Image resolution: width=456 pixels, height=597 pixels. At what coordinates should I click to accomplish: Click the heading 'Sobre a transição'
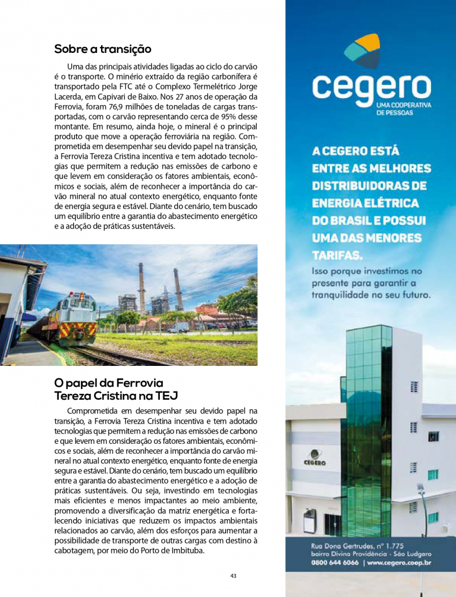[x=103, y=49]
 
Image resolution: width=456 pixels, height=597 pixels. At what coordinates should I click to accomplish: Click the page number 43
[x=233, y=576]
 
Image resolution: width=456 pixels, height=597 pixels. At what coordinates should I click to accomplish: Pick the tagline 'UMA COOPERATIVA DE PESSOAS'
[x=404, y=109]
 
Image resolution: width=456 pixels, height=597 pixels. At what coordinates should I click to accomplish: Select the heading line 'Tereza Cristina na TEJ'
[x=116, y=396]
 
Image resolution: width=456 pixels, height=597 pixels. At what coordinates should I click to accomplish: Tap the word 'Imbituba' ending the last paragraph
[x=185, y=551]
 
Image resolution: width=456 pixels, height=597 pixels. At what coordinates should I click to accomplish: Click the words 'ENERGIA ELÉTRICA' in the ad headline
[x=365, y=203]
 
